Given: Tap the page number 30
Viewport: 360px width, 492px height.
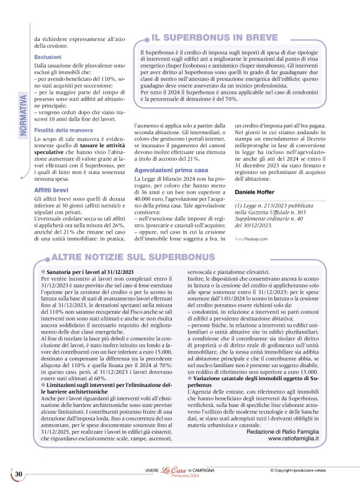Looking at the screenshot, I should click(x=19, y=475).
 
